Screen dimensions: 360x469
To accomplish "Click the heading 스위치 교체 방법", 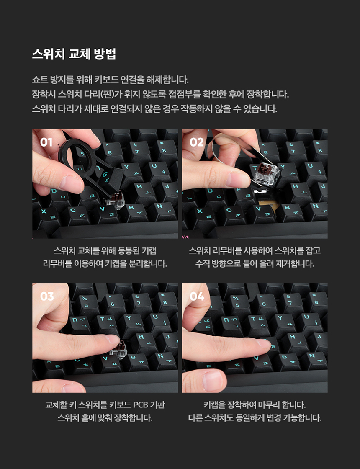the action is point(74,54).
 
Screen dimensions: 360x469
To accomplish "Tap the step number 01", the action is point(46,142).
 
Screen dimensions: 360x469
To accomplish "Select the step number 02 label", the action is point(197,142).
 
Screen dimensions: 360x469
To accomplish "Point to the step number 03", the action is point(47,296).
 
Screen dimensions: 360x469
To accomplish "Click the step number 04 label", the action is point(197,296).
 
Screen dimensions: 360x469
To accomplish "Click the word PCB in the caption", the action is point(140,405).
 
